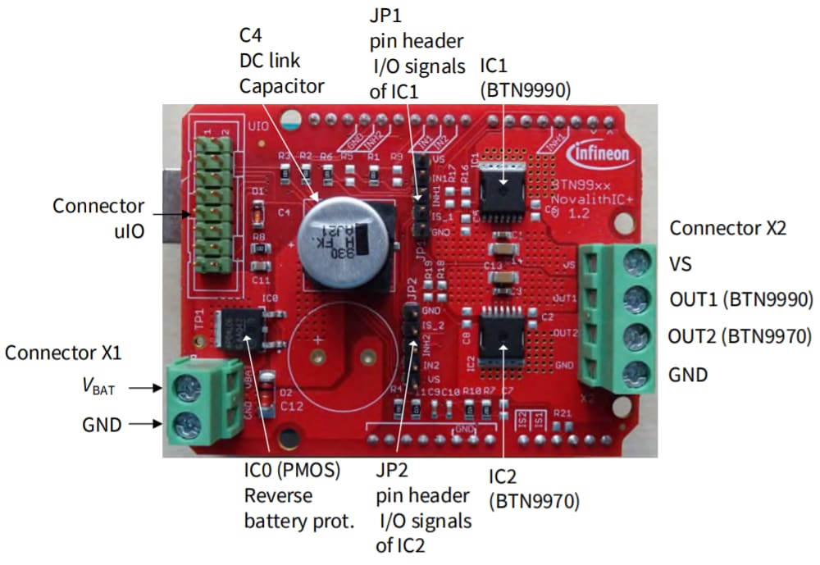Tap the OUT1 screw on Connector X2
coord(632,301)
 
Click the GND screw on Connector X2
coord(632,374)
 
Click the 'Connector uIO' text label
coord(98,219)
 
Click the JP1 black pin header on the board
coord(417,197)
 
